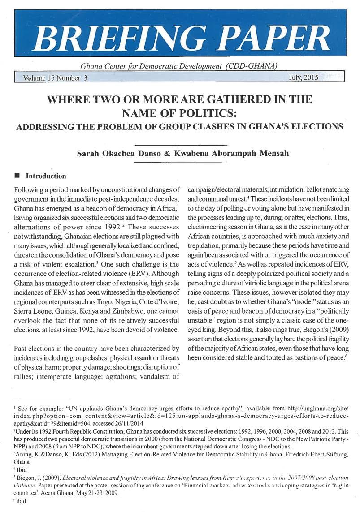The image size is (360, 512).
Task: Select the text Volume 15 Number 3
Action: [x=52, y=78]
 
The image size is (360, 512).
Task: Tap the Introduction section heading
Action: [x=46, y=176]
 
